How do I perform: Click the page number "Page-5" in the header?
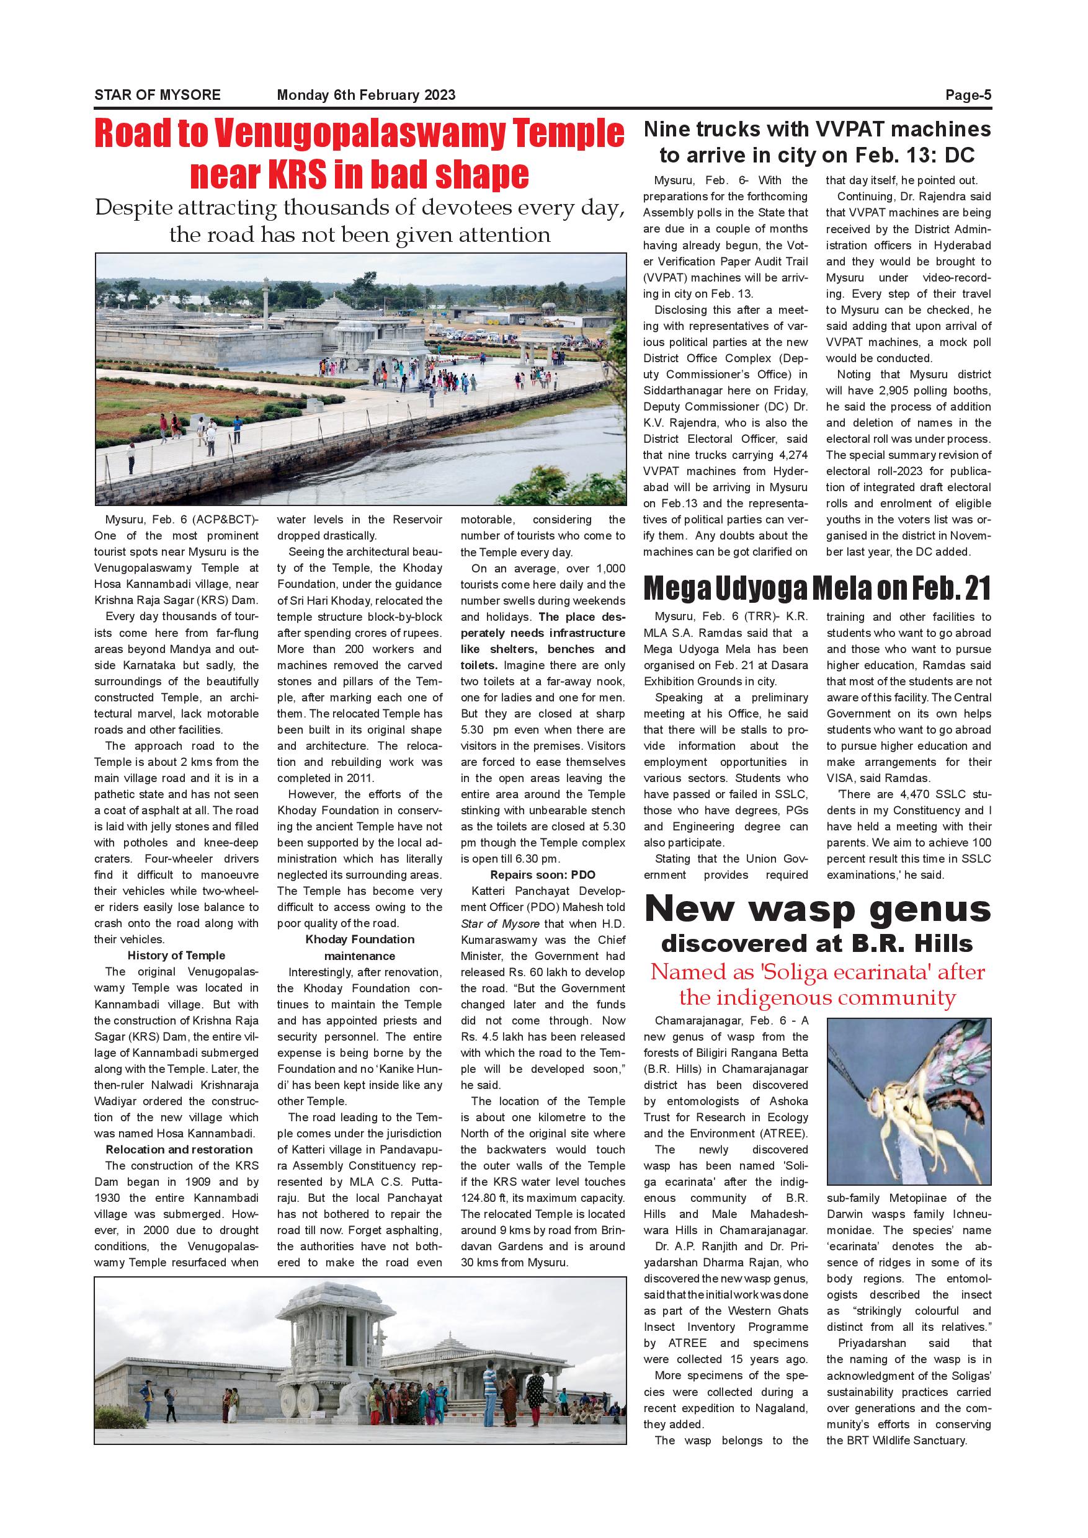pyautogui.click(x=968, y=95)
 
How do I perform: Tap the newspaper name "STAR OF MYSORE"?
pyautogui.click(x=158, y=95)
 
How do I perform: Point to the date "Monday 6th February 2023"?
pyautogui.click(x=366, y=95)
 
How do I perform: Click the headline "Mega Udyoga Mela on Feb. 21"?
pyautogui.click(x=818, y=589)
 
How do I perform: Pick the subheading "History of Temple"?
pyautogui.click(x=176, y=955)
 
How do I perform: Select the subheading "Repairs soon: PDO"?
pyautogui.click(x=543, y=875)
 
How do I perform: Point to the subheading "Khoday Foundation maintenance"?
pyautogui.click(x=360, y=947)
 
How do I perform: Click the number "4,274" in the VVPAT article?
pyautogui.click(x=794, y=455)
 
